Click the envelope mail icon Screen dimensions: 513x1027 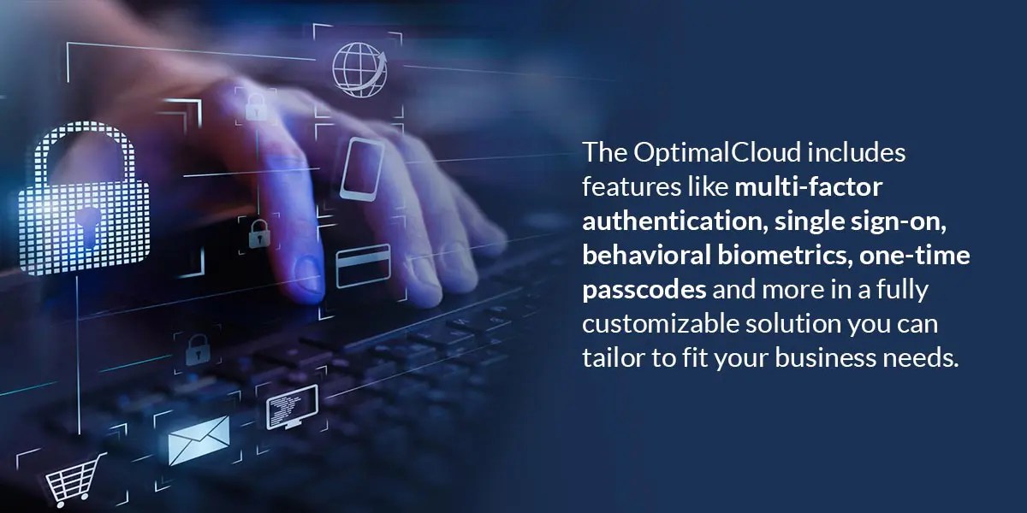[199, 439]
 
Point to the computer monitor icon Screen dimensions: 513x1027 [292, 407]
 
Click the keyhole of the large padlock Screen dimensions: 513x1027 [85, 225]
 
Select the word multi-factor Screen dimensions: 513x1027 [808, 187]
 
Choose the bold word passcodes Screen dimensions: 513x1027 [644, 290]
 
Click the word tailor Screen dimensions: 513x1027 [611, 358]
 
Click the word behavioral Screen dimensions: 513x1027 [647, 256]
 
